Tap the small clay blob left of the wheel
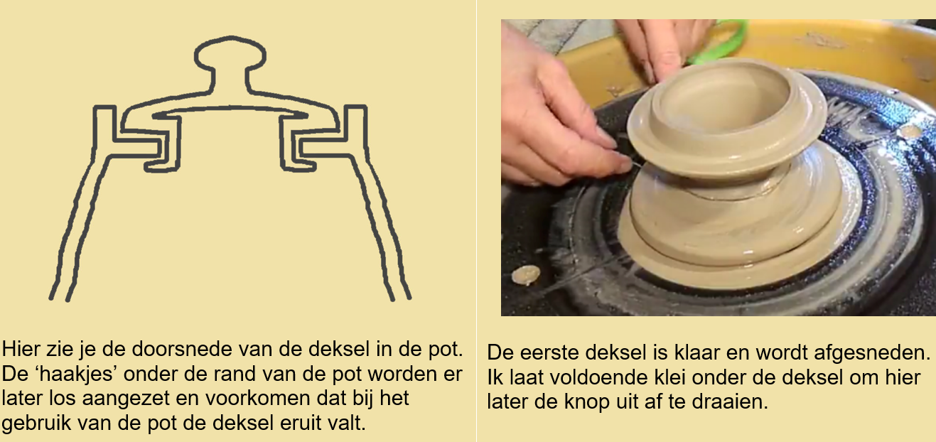click(x=527, y=274)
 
